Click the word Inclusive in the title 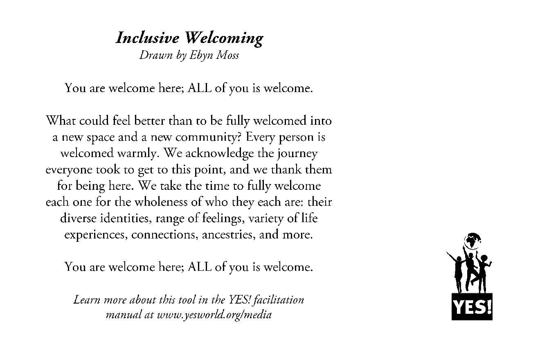147,38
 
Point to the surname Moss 228,55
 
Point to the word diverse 80,218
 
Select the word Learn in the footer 86,300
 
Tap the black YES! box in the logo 472,307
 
